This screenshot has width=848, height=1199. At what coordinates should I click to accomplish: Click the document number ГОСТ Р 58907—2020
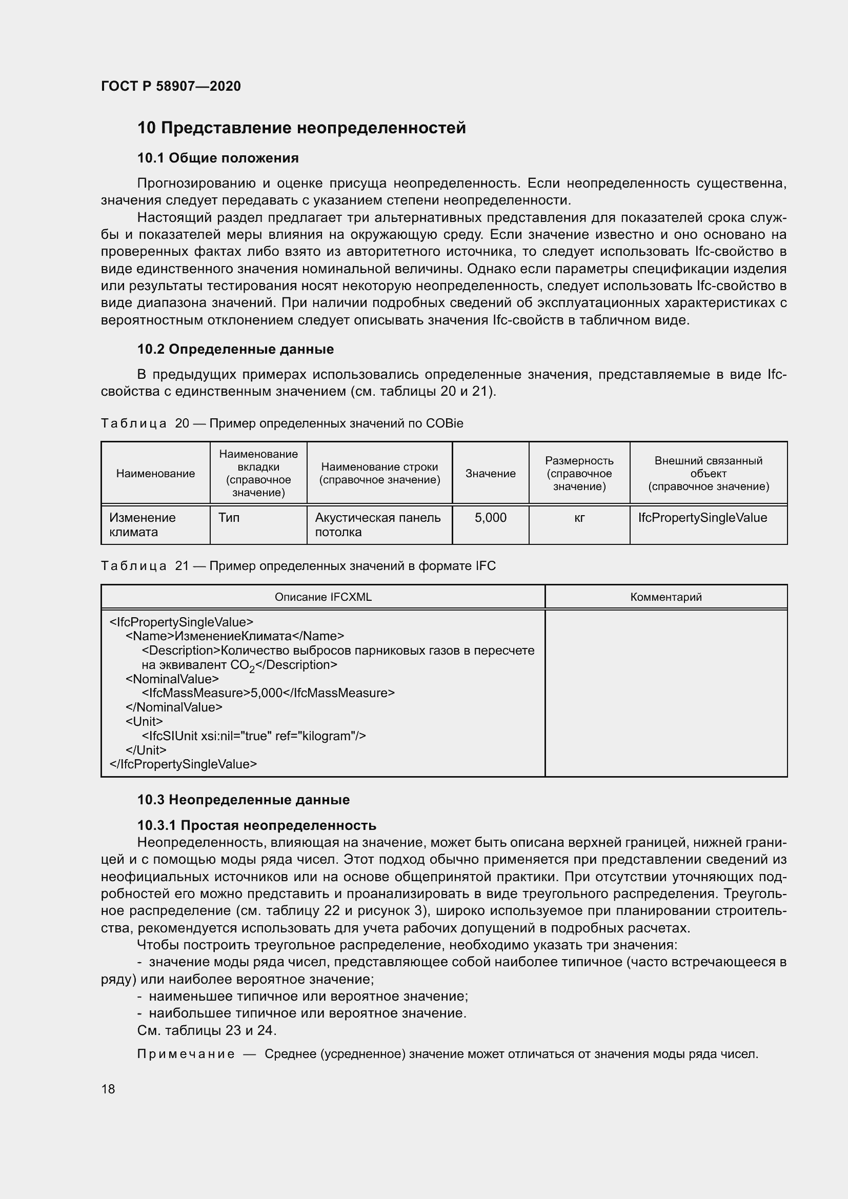click(x=171, y=86)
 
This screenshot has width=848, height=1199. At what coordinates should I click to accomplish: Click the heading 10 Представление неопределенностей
click(x=301, y=128)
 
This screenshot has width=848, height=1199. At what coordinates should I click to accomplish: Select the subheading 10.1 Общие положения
click(x=218, y=158)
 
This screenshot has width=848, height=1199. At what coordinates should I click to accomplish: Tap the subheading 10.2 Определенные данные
click(x=235, y=349)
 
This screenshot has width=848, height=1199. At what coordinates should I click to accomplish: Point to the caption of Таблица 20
click(x=281, y=423)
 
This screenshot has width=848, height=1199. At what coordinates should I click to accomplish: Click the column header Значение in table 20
click(x=490, y=473)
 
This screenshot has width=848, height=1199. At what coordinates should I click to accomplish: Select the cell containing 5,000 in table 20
click(x=490, y=518)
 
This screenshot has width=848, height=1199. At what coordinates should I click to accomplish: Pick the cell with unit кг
click(x=578, y=518)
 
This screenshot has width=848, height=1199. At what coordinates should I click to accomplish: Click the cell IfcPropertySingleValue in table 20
click(x=702, y=518)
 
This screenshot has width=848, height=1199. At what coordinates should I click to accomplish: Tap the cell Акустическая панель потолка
click(x=377, y=524)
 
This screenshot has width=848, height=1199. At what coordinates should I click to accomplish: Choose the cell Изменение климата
click(x=142, y=524)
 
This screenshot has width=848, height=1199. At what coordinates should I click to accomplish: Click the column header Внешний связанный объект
click(x=708, y=473)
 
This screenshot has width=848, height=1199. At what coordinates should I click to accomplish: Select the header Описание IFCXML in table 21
click(x=322, y=597)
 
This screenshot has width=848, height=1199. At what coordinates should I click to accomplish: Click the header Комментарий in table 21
click(x=665, y=597)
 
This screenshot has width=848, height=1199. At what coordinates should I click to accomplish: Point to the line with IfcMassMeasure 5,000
click(x=268, y=693)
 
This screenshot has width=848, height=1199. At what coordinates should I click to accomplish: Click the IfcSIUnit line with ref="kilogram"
click(x=254, y=736)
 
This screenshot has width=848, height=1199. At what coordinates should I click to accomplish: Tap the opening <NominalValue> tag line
click(x=172, y=679)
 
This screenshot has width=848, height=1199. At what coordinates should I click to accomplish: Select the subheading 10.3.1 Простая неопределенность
click(x=256, y=825)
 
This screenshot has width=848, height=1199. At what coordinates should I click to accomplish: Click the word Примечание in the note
click(x=186, y=1054)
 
